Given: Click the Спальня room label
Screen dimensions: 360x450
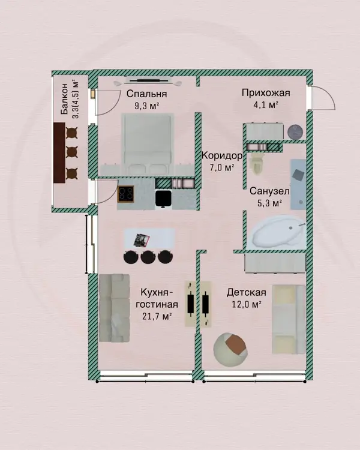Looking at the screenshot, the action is (146, 94).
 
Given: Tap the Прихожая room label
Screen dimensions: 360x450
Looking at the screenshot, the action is (266, 93).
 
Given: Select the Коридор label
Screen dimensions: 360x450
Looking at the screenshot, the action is (222, 156).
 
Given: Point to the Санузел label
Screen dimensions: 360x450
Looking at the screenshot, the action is (269, 191).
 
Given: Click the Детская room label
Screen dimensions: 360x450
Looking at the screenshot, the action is (247, 292).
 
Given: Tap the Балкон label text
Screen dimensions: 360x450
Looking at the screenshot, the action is (64, 99).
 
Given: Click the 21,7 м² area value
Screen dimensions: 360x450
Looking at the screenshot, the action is (157, 317).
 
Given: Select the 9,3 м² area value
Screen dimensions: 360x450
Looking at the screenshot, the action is (146, 106).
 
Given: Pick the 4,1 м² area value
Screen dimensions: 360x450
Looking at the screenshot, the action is (266, 105).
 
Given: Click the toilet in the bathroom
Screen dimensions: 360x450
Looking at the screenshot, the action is (257, 163).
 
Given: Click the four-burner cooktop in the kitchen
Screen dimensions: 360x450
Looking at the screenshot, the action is (126, 194).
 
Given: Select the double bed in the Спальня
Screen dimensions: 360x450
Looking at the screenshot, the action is (148, 145).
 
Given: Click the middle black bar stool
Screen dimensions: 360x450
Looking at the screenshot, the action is (148, 257).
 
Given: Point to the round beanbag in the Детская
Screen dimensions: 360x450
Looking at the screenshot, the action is (230, 350).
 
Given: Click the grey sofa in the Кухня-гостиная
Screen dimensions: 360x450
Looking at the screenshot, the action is (114, 308).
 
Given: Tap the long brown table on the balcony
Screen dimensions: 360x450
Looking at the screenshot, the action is (59, 152).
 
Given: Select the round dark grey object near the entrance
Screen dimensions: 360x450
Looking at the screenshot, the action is (295, 133).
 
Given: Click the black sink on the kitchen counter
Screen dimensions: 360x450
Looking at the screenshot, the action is (164, 199).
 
